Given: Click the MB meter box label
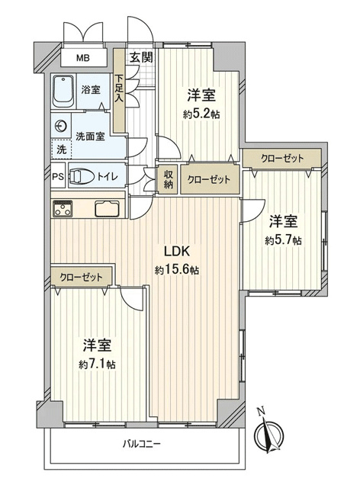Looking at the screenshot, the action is [83, 58].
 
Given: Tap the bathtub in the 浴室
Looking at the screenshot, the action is [63, 91].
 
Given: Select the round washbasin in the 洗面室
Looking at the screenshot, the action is [61, 127].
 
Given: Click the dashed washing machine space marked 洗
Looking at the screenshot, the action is [62, 149].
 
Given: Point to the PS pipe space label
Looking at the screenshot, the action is [58, 176].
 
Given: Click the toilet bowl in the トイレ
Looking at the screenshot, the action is [82, 177].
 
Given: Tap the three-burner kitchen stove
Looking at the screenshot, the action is [63, 208].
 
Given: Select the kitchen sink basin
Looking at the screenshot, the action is [107, 209].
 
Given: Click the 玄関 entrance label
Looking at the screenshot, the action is [141, 58].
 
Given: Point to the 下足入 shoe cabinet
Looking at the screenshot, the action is [119, 90].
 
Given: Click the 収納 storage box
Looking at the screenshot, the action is [168, 180].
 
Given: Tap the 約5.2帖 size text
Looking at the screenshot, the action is [201, 114].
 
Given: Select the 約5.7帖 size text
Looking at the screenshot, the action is [283, 240].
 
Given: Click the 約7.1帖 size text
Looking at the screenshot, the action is [97, 364].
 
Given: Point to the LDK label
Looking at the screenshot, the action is [177, 251].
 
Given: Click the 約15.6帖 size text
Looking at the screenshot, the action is [177, 270].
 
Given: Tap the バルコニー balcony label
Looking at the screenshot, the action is [141, 444].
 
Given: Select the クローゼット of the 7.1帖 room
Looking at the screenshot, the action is [82, 277].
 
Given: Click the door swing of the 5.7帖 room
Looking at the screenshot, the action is [254, 211].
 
